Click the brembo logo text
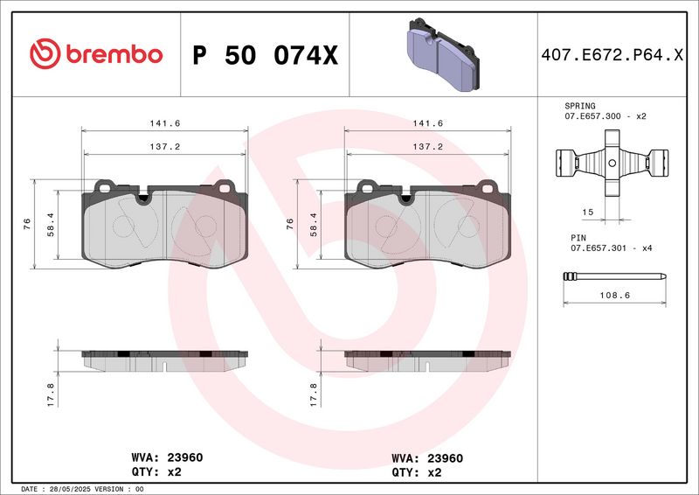point(111,54)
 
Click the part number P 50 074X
point(263,55)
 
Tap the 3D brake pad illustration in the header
point(440,53)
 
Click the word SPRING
point(580,105)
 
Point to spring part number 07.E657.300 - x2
point(605,115)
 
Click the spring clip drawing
point(612,164)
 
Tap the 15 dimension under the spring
point(589,213)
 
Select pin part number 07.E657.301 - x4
point(605,247)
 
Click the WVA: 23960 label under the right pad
point(426,457)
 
